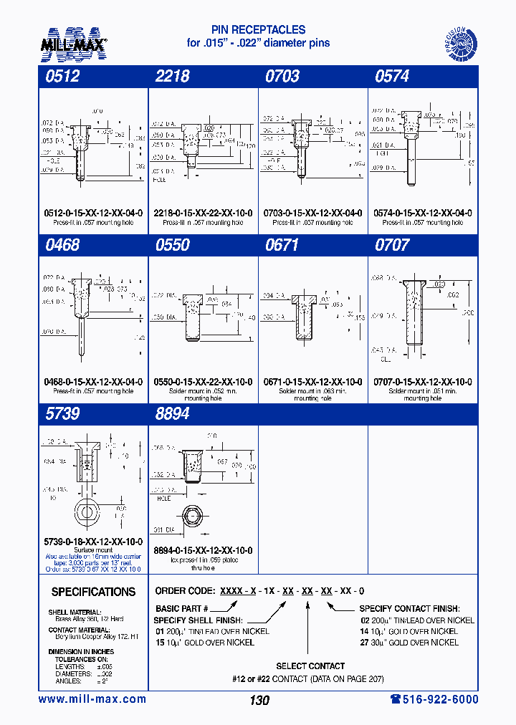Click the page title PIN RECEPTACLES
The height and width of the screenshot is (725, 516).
pos(258,29)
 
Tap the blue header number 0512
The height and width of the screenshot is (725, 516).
pos(62,77)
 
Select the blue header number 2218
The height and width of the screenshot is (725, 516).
pos(172,77)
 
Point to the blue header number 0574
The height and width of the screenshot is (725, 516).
pos(392,77)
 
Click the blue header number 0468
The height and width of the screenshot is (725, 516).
pos(62,245)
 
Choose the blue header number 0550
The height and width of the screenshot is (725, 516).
pos(172,245)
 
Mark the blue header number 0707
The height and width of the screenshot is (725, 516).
pos(392,245)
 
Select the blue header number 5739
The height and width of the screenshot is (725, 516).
pos(62,414)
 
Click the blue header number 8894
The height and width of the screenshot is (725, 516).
pos(172,414)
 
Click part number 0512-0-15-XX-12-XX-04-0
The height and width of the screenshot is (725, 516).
pos(93,213)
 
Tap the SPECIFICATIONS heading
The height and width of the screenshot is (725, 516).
pos(93,592)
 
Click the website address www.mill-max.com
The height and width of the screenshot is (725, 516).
pos(92,699)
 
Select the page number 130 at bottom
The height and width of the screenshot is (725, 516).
pos(259,700)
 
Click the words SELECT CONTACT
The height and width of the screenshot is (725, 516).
pos(310,666)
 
